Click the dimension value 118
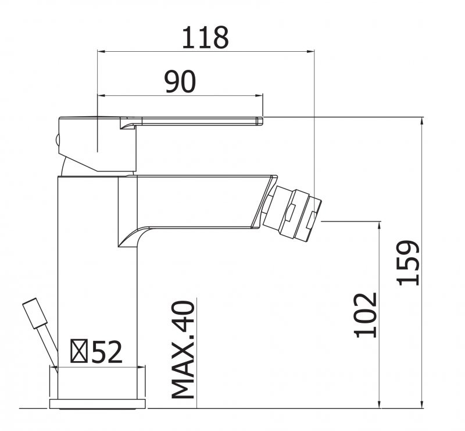click(x=205, y=37)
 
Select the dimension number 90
click(x=180, y=81)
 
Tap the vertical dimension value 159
click(x=409, y=262)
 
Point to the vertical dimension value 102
click(x=366, y=315)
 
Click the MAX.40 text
click(x=183, y=350)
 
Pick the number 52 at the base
click(x=107, y=352)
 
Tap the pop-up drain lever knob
click(x=35, y=313)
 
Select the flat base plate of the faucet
click(x=97, y=404)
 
